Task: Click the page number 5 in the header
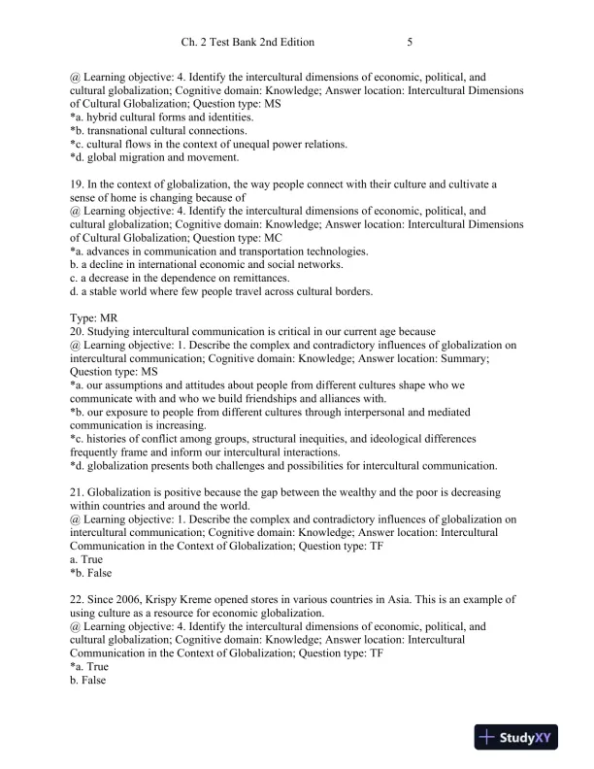411,43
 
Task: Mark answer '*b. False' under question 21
90,574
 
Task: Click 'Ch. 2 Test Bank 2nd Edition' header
247,43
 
